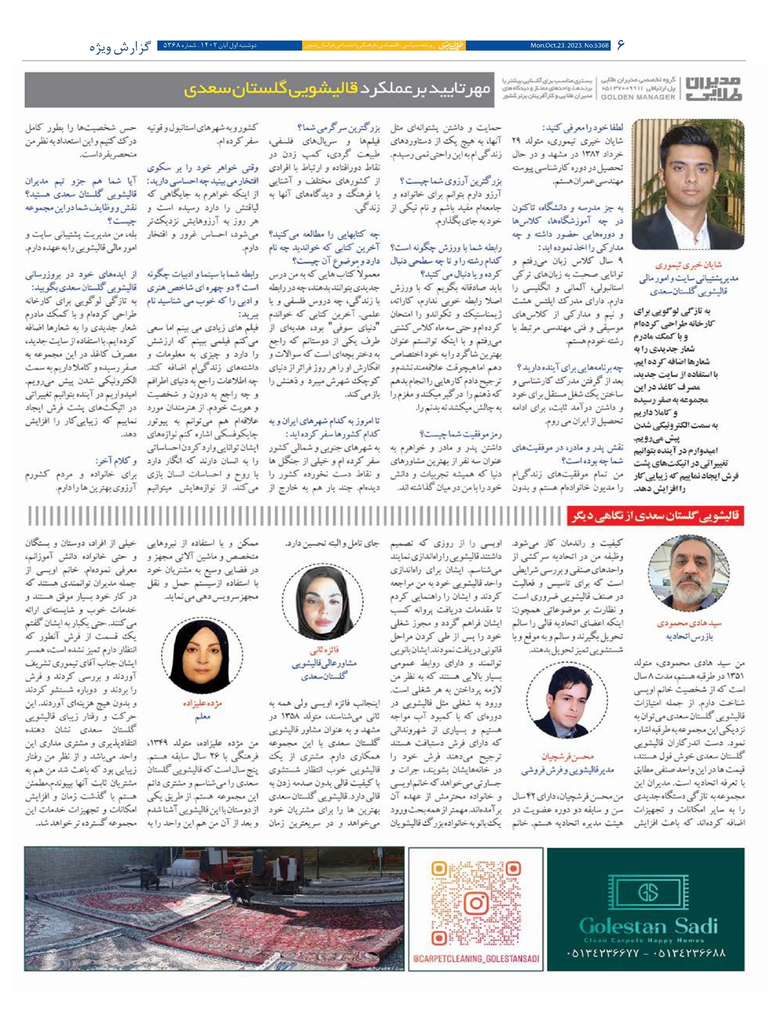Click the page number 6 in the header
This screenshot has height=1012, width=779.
[x=620, y=45]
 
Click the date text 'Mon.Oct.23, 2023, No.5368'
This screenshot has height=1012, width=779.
[x=569, y=46]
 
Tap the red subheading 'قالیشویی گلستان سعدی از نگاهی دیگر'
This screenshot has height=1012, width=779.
[x=656, y=516]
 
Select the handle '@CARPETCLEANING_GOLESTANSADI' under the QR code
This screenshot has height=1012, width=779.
[x=477, y=958]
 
